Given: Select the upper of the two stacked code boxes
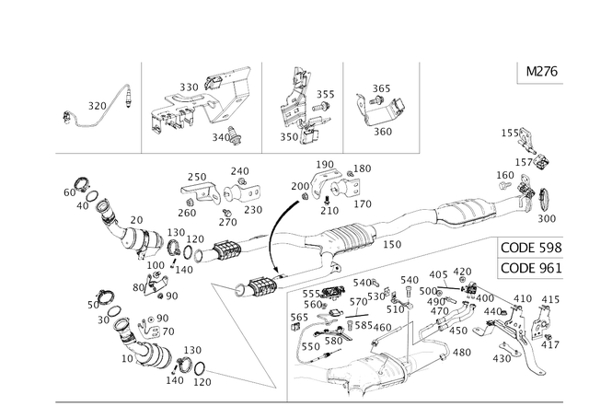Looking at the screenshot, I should coord(529,248).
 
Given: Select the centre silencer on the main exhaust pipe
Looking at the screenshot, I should coord(350,238).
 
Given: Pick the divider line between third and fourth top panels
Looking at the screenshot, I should coord(343,106).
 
